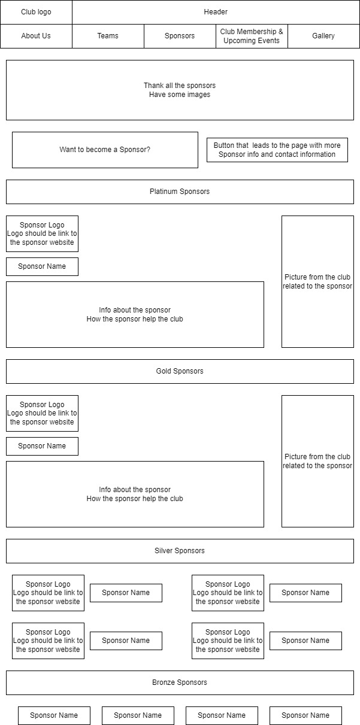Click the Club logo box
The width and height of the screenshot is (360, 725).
tap(36, 12)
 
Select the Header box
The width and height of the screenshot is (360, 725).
tap(216, 12)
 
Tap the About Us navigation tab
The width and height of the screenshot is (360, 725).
tap(36, 36)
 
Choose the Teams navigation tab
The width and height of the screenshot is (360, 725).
tap(108, 36)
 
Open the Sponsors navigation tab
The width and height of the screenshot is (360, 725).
tap(180, 36)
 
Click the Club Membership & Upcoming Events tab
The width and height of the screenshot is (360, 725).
tap(252, 36)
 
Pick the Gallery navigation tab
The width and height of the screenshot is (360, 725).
tap(323, 36)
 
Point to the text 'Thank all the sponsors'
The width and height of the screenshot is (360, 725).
tap(180, 86)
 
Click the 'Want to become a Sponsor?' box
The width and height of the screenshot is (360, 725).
tap(105, 150)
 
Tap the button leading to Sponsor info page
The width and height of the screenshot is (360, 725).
tap(277, 150)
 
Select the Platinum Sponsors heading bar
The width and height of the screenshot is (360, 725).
tap(180, 192)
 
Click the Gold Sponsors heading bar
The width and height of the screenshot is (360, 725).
tap(180, 371)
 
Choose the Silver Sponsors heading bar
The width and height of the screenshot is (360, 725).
tap(180, 551)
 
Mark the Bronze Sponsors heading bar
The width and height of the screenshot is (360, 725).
tap(180, 682)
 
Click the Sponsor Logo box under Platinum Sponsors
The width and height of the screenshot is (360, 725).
tap(42, 233)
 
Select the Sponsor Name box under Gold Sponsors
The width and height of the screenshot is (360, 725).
tap(42, 446)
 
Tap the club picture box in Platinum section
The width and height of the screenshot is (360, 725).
tap(317, 281)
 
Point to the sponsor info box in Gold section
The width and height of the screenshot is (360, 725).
tap(135, 494)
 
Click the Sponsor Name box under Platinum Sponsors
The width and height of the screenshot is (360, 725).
tap(42, 266)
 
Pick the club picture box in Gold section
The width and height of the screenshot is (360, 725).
tap(317, 461)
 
